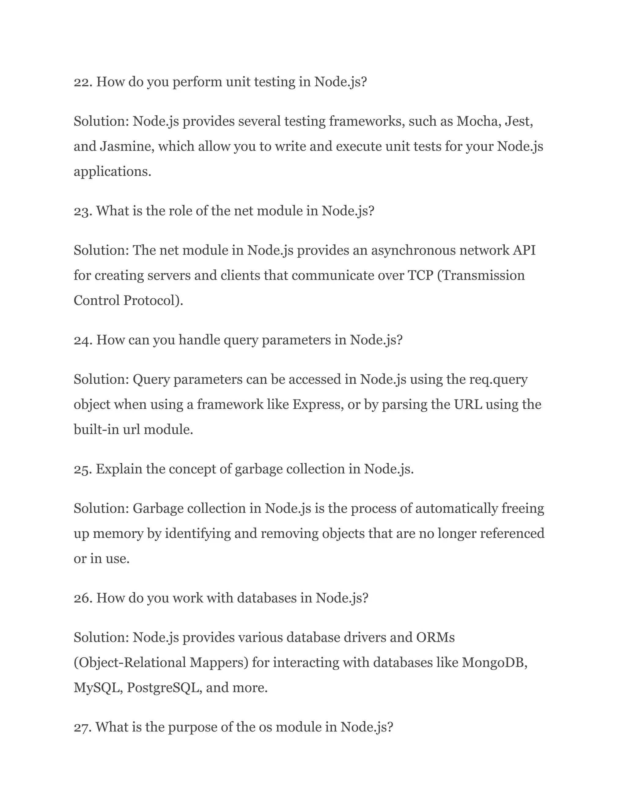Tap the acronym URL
[468, 405]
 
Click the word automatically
[456, 509]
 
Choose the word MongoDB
[494, 663]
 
